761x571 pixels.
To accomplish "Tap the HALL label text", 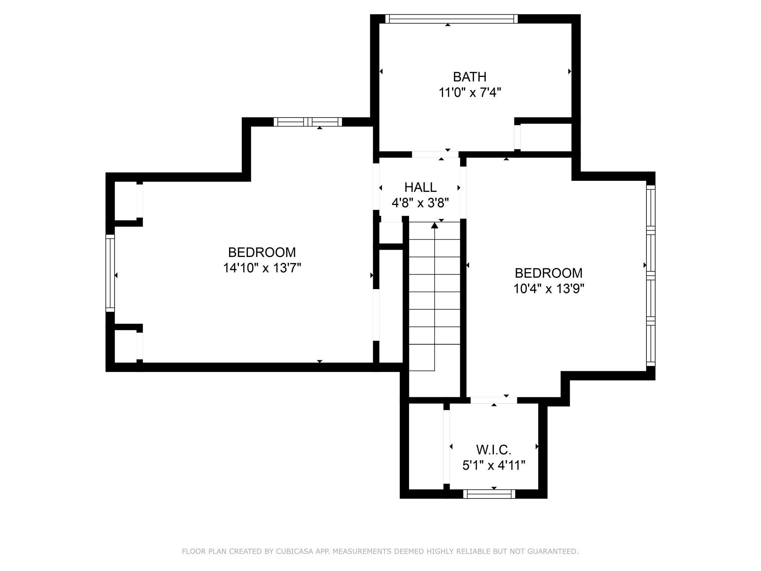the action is pyautogui.click(x=420, y=187).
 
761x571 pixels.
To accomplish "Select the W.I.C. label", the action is pyautogui.click(x=494, y=449).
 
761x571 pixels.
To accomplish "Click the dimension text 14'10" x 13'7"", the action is pyautogui.click(x=262, y=268).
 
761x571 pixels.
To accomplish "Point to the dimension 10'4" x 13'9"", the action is pyautogui.click(x=548, y=289).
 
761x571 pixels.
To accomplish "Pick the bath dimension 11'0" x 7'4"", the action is pyautogui.click(x=469, y=93).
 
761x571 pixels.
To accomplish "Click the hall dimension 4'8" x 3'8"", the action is pyautogui.click(x=420, y=203).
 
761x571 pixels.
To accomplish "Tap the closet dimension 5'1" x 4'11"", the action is pyautogui.click(x=494, y=465).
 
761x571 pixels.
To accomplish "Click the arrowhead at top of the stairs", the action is pyautogui.click(x=435, y=225).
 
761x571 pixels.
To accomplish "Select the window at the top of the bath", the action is pyautogui.click(x=451, y=19).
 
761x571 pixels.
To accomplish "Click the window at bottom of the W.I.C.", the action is pyautogui.click(x=489, y=494).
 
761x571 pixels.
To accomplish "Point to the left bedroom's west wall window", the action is pyautogui.click(x=110, y=273).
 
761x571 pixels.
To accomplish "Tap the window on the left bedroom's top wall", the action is pyautogui.click(x=308, y=122).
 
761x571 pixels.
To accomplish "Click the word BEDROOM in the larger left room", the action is pyautogui.click(x=262, y=253).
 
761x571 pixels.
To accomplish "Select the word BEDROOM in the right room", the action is pyautogui.click(x=548, y=273).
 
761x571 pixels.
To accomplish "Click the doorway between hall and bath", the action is pyautogui.click(x=435, y=154).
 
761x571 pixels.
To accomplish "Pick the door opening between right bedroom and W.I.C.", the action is pyautogui.click(x=494, y=400).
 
